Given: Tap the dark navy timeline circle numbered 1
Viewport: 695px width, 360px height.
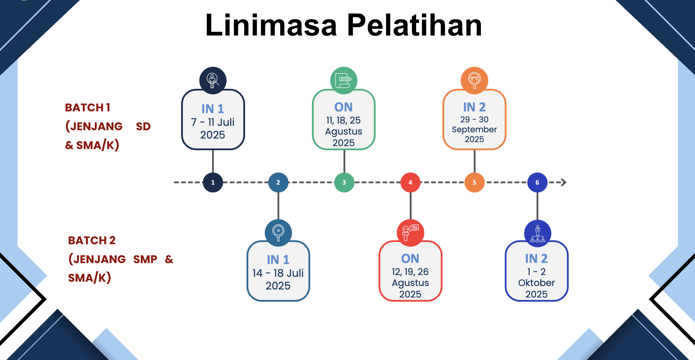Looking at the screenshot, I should (213, 182).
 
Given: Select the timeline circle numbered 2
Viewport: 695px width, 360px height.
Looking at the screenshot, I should (278, 182).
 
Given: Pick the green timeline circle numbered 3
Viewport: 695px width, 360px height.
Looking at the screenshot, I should (344, 182).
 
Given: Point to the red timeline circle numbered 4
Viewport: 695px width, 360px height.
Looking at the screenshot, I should (410, 182).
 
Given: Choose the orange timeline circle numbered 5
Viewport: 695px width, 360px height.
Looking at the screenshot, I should (474, 182).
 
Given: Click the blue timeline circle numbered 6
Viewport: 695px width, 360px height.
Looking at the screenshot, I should (537, 182).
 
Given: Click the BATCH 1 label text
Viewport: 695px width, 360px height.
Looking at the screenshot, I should (87, 108).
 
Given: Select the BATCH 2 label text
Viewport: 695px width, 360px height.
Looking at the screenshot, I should (92, 240).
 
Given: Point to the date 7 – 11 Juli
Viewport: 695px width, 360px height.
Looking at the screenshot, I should (213, 122).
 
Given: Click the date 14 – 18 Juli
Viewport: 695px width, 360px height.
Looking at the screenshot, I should (278, 273).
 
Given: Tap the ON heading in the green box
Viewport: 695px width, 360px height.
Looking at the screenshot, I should (343, 107).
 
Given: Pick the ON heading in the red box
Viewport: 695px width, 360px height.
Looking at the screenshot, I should (410, 259).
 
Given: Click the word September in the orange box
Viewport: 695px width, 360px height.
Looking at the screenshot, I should (474, 130).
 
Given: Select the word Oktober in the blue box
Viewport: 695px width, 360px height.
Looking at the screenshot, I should (536, 283).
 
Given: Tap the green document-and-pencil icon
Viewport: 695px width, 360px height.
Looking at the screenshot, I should (343, 80).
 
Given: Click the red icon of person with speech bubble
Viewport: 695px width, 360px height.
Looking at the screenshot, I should (410, 233).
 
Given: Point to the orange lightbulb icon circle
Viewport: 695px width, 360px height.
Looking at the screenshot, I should (474, 80).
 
